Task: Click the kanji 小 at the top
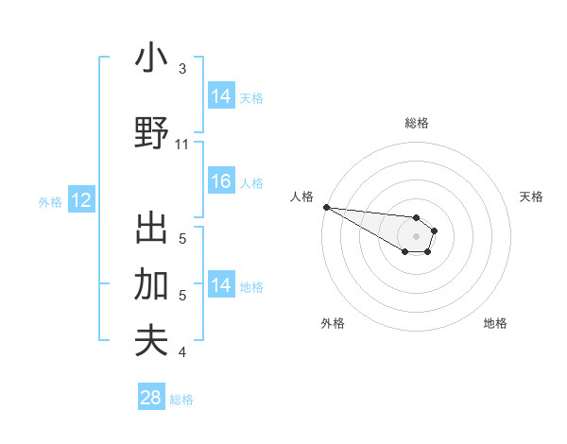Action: pyautogui.click(x=151, y=59)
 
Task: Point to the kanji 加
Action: pyautogui.click(x=151, y=284)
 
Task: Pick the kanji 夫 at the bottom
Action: pyautogui.click(x=151, y=340)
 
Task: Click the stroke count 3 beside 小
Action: pyautogui.click(x=182, y=69)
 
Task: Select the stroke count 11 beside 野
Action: pyautogui.click(x=182, y=145)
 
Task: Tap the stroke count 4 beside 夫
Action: pyautogui.click(x=182, y=352)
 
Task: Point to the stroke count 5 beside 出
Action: pyautogui.click(x=182, y=238)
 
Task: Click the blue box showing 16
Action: pyautogui.click(x=221, y=181)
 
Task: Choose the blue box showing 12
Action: pyautogui.click(x=80, y=200)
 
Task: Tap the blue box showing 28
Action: pyautogui.click(x=151, y=398)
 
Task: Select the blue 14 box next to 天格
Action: pyautogui.click(x=221, y=95)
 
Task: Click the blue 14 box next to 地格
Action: pyautogui.click(x=221, y=285)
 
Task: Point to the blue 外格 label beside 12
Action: pyautogui.click(x=50, y=201)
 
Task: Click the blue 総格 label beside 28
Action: pyautogui.click(x=181, y=400)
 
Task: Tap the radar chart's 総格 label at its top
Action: pyautogui.click(x=417, y=123)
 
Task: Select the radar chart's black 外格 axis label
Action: pyautogui.click(x=333, y=323)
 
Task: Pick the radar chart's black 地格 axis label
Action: pyautogui.click(x=495, y=323)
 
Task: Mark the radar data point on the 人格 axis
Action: pyautogui.click(x=326, y=207)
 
